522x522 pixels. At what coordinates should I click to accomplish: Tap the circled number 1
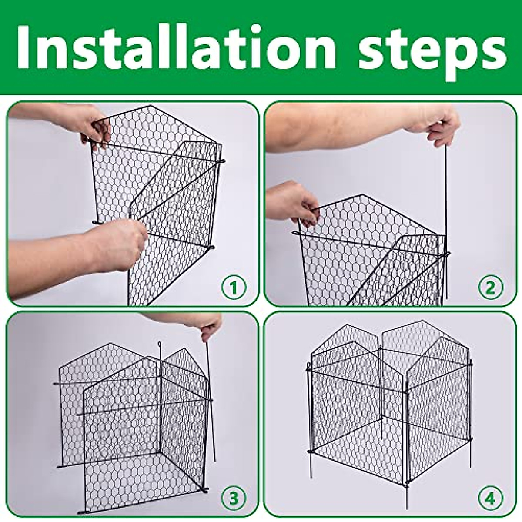tap(234, 287)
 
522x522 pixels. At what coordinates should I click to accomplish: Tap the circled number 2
tap(491, 287)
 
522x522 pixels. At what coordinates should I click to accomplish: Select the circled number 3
tap(234, 497)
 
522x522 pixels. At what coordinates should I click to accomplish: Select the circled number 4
tap(491, 497)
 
